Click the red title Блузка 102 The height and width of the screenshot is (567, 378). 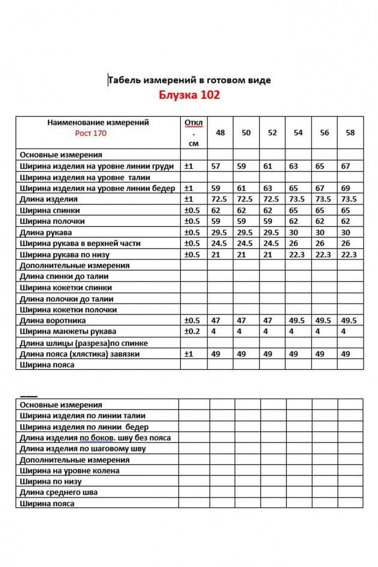[189, 95]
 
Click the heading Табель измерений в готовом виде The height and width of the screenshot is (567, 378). [189, 80]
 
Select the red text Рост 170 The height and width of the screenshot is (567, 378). [91, 133]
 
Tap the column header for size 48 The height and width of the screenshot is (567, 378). [220, 132]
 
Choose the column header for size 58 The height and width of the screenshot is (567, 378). [350, 132]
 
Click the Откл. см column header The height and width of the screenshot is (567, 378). [193, 132]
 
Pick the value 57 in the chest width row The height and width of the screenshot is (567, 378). [216, 166]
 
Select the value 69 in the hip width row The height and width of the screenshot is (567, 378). [346, 188]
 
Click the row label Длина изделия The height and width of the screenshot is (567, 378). [49, 199]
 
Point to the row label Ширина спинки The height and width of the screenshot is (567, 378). [50, 210]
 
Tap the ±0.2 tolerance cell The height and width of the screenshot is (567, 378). [193, 332]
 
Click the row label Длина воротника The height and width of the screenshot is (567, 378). [53, 320]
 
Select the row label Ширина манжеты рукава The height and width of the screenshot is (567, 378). [68, 332]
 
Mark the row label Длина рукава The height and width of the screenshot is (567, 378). [46, 232]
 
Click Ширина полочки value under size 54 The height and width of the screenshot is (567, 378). [294, 222]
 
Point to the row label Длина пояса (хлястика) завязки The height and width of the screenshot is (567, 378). [80, 354]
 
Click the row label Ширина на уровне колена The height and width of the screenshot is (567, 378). [70, 471]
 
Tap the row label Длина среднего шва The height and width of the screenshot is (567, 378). [59, 493]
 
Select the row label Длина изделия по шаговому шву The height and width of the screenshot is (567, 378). [83, 449]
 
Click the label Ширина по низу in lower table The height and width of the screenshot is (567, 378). [51, 481]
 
